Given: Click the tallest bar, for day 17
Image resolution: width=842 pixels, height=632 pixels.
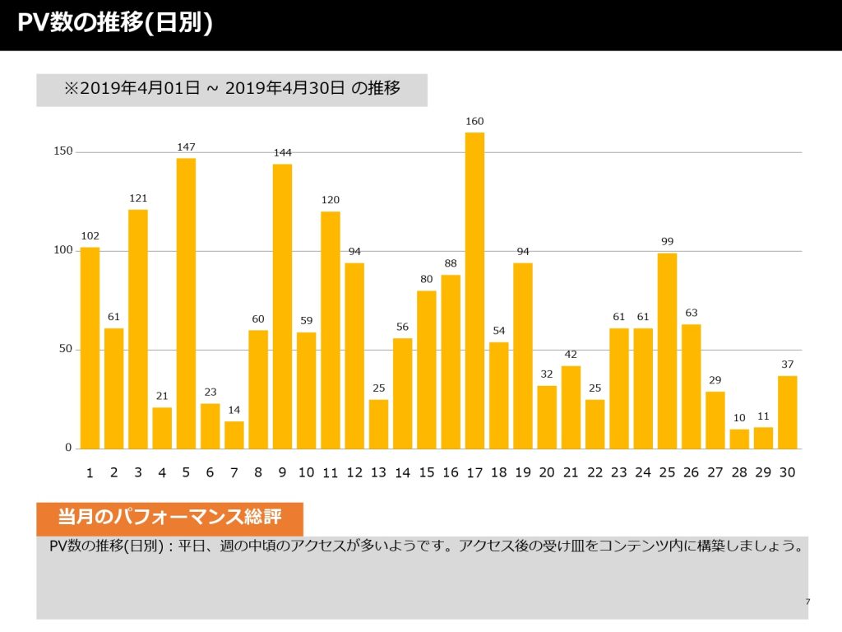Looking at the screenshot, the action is tap(474, 290).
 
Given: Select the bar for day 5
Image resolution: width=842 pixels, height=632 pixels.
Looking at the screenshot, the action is tap(186, 303).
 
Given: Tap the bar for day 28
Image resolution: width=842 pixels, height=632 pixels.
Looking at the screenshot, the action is tap(739, 439).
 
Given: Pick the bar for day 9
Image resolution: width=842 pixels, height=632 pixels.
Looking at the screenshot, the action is tap(282, 306).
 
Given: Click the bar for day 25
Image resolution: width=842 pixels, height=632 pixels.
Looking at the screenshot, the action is tap(667, 351).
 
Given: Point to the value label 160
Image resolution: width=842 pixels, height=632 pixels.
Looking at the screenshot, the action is tap(474, 122).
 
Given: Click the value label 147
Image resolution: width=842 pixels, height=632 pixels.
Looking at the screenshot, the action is tap(186, 147).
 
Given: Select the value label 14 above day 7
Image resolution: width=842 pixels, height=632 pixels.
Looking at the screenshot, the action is tap(234, 410).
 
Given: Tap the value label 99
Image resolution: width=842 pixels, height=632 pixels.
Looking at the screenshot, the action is tap(667, 242).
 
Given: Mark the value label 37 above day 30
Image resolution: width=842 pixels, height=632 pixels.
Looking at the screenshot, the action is tap(787, 365).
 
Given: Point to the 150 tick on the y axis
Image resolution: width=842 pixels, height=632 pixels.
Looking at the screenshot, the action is tap(62, 151).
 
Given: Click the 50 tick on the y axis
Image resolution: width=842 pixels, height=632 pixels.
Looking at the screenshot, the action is tap(66, 349).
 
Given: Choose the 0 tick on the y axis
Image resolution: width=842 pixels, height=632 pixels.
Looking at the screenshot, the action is tap(68, 448).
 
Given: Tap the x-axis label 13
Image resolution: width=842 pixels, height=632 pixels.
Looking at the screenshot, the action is tap(378, 472).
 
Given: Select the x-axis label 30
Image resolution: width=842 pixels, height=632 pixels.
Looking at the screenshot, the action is tap(787, 472).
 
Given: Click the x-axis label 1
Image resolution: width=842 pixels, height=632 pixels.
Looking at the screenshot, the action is tap(90, 473).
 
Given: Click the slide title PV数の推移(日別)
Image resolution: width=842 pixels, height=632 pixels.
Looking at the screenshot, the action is tap(115, 23).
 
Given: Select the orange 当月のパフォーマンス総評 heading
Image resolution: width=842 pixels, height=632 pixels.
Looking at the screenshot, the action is tap(169, 517).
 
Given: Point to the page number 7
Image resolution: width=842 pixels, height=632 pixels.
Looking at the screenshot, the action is tap(807, 602).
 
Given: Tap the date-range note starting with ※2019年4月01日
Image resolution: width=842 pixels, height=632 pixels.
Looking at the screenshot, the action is tap(232, 88).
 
